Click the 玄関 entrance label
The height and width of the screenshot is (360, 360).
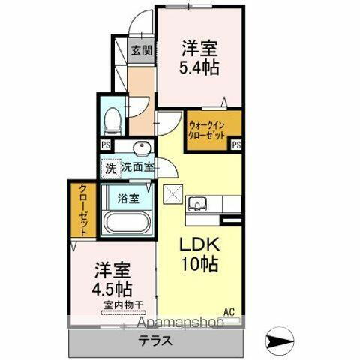tap(140, 51)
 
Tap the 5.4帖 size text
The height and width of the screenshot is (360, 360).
tap(199, 66)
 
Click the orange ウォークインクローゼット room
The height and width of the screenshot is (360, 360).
tap(208, 132)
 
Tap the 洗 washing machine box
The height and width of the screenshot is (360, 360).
tap(109, 169)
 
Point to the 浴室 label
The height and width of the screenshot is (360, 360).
tap(128, 199)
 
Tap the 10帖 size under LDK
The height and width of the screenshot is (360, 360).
tap(199, 265)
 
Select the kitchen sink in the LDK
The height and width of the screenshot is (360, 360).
tap(200, 202)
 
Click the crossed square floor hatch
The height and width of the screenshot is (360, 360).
tap(173, 193)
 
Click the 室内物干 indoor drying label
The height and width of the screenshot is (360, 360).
tap(122, 306)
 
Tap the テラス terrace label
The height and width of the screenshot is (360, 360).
tap(157, 340)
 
